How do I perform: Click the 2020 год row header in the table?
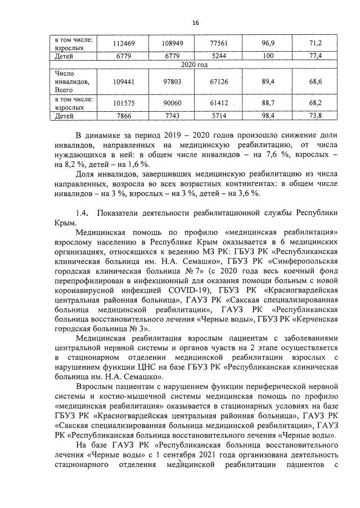(195, 65)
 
